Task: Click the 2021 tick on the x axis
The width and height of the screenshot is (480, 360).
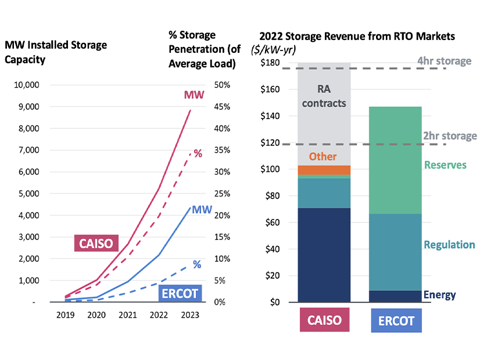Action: click(x=128, y=315)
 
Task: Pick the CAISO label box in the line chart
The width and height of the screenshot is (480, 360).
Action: click(x=96, y=243)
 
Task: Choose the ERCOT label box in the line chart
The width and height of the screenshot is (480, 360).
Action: click(x=180, y=293)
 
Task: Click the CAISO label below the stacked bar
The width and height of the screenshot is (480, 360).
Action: click(x=324, y=321)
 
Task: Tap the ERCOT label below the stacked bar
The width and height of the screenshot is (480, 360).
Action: click(x=396, y=321)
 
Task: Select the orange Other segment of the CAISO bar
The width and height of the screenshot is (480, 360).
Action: click(x=324, y=170)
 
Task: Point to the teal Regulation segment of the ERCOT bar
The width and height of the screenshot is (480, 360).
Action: click(x=396, y=251)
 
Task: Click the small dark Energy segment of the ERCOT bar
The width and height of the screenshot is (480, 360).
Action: click(x=396, y=296)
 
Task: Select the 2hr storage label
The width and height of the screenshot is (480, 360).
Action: click(x=450, y=136)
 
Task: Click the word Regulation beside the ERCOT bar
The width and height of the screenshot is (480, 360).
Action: click(x=449, y=244)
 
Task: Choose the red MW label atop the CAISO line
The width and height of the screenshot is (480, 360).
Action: click(x=195, y=94)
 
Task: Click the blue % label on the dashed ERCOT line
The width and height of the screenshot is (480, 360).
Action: click(x=197, y=264)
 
